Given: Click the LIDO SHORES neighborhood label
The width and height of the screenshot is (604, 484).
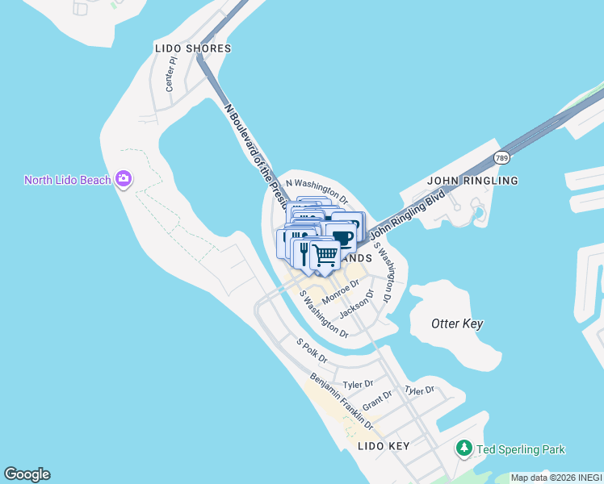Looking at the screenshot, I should click(x=193, y=48).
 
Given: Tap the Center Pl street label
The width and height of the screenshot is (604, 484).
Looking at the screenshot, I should click(x=170, y=74).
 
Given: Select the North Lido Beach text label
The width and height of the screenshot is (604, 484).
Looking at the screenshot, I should click(x=67, y=180).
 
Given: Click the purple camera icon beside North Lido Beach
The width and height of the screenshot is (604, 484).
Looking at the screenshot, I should click(x=124, y=178).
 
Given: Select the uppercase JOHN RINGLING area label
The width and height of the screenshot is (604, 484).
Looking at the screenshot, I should click(x=472, y=181).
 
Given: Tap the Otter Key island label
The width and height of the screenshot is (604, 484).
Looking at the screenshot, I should click(x=457, y=323).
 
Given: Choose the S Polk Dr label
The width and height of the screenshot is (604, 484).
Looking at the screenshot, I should click(x=311, y=351).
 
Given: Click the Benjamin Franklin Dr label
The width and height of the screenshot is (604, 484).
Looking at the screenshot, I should click(x=342, y=402).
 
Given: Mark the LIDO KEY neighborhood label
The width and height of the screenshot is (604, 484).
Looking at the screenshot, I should click(x=384, y=446).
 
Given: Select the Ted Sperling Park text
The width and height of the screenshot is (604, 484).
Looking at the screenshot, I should click(x=521, y=449).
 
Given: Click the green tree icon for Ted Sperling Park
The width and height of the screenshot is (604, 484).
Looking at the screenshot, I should click(x=463, y=448).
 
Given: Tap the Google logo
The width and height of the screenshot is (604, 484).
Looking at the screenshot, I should click(x=27, y=474).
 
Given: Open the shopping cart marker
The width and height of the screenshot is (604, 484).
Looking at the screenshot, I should click(x=325, y=255).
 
